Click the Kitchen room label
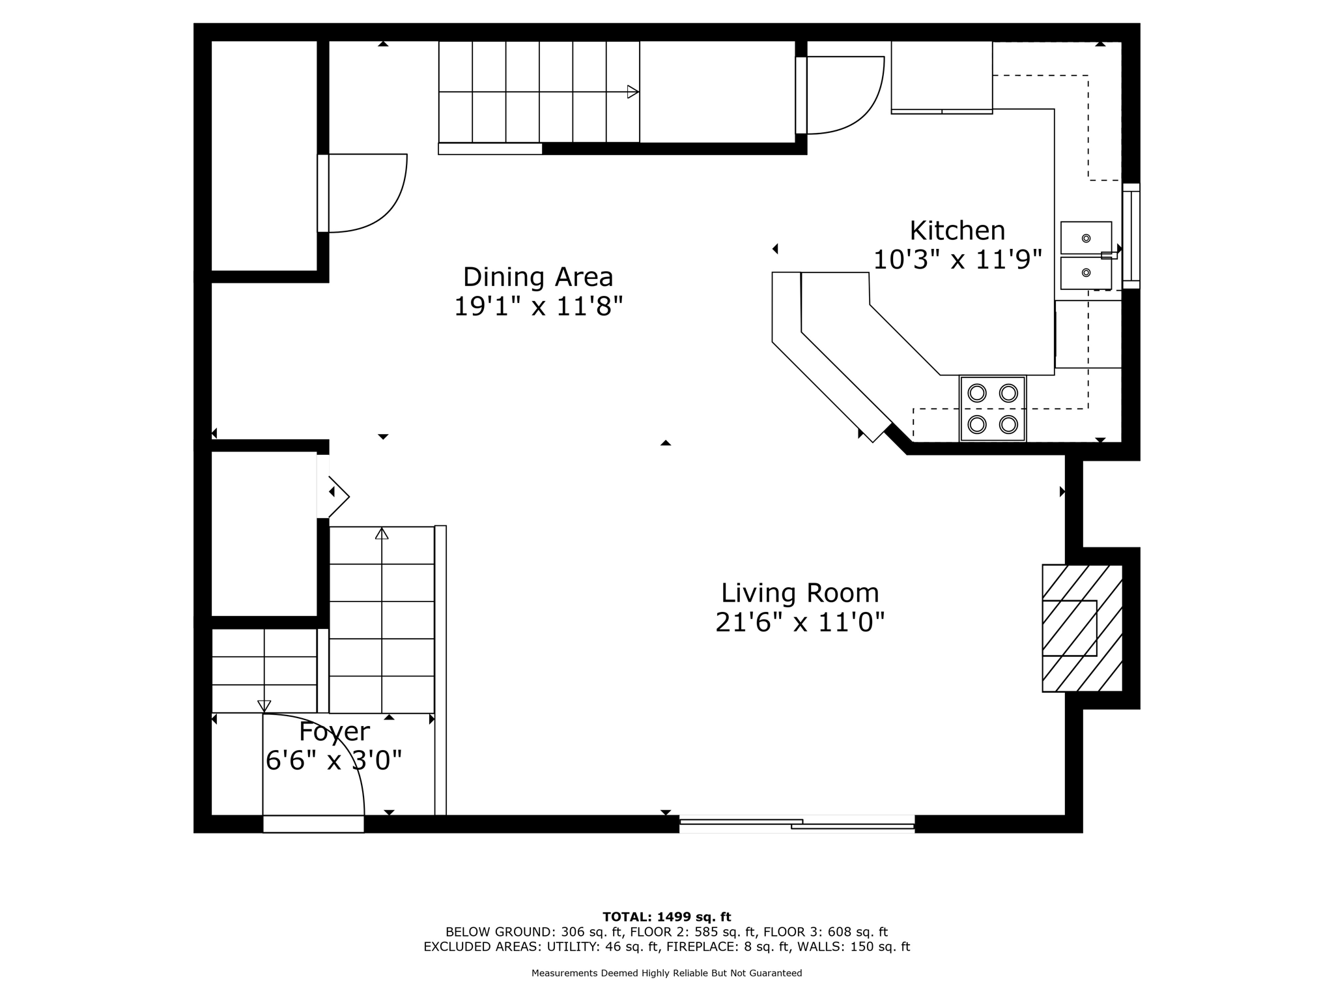957,231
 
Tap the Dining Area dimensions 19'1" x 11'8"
538,306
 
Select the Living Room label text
800,593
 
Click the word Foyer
334,732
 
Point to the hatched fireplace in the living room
1081,628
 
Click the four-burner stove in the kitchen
993,409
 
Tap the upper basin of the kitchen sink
1086,238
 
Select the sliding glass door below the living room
797,824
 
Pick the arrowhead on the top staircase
632,92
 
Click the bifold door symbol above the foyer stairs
337,497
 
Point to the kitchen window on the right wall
1131,236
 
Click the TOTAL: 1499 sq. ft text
666,917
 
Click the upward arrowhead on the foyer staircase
382,534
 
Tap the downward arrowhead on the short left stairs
264,706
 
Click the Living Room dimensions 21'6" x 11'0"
800,622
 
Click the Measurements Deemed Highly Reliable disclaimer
666,973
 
